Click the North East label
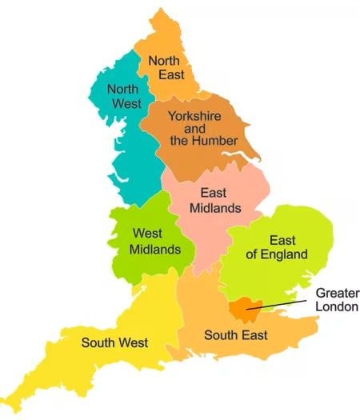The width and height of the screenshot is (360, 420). pyautogui.click(x=166, y=66)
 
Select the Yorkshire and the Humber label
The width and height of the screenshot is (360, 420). pyautogui.click(x=203, y=128)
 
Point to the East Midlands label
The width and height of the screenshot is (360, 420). pyautogui.click(x=214, y=200)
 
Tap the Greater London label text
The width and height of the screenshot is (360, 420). pyautogui.click(x=337, y=300)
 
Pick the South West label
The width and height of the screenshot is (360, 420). pyautogui.click(x=114, y=343)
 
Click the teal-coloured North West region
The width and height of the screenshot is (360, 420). pyautogui.click(x=128, y=152)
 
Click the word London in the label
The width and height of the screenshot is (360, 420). pyautogui.click(x=337, y=307)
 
